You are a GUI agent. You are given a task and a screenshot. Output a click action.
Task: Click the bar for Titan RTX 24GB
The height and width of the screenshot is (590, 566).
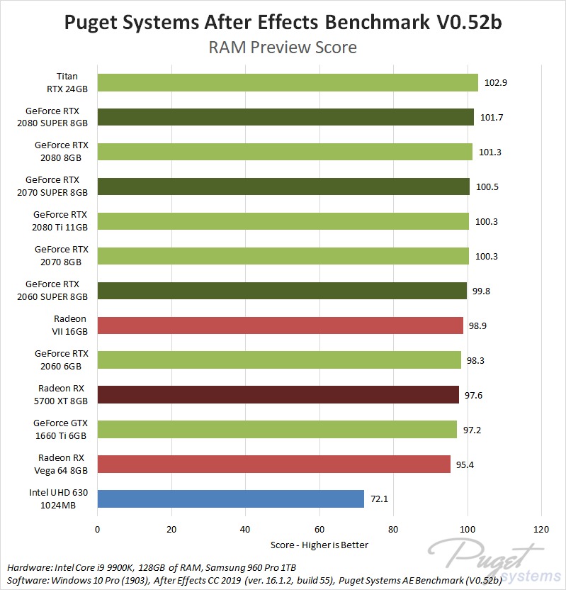[x=287, y=82]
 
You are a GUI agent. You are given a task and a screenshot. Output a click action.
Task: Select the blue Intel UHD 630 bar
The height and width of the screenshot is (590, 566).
[x=230, y=499]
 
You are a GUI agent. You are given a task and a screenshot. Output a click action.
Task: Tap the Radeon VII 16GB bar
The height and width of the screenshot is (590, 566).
[x=280, y=325]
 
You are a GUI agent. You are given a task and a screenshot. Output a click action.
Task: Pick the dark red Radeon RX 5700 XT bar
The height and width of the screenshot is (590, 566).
[x=278, y=394]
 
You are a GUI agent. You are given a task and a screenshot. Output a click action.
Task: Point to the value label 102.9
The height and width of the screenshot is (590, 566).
[x=496, y=82]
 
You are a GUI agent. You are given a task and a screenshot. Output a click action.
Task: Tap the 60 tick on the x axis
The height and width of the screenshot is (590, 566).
[x=319, y=528]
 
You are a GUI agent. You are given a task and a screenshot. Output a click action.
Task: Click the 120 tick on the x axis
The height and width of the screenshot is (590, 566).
[x=541, y=528]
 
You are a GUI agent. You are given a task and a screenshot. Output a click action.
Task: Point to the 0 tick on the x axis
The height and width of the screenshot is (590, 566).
[x=98, y=528]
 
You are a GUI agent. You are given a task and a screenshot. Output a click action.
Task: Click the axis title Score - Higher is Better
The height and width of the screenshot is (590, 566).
[x=319, y=545]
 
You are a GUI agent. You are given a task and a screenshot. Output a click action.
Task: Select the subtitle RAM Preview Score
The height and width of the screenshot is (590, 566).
[x=282, y=48]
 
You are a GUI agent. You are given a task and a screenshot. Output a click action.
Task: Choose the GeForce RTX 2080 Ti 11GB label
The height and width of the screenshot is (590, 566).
[x=60, y=221]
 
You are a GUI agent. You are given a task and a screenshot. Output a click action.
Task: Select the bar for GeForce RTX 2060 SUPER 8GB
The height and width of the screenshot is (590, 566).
[x=282, y=291]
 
